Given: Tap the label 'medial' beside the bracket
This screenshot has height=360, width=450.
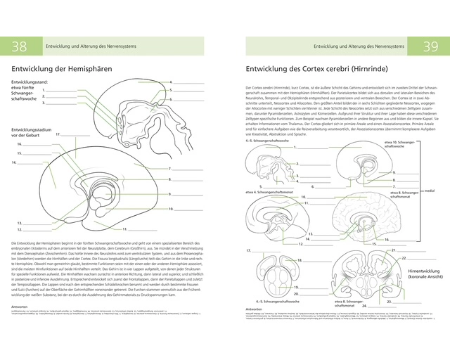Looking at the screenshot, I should point(429,191).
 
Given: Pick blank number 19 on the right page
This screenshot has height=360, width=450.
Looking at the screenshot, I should point(307,288).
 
